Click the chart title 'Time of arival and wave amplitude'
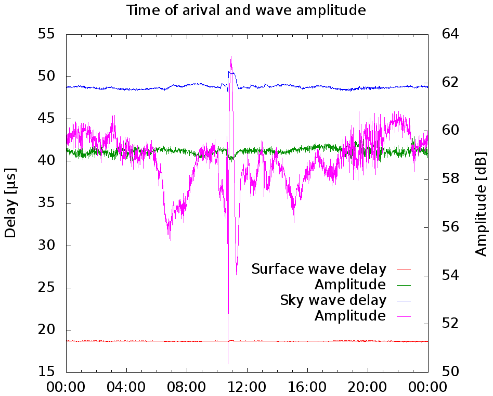(247, 10)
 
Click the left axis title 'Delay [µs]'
(10, 203)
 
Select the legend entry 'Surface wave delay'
(319, 269)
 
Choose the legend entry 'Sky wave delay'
(333, 300)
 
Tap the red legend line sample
(404, 270)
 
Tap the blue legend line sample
(404, 301)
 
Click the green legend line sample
(404, 285)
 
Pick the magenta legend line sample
(404, 316)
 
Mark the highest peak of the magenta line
(231, 56)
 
